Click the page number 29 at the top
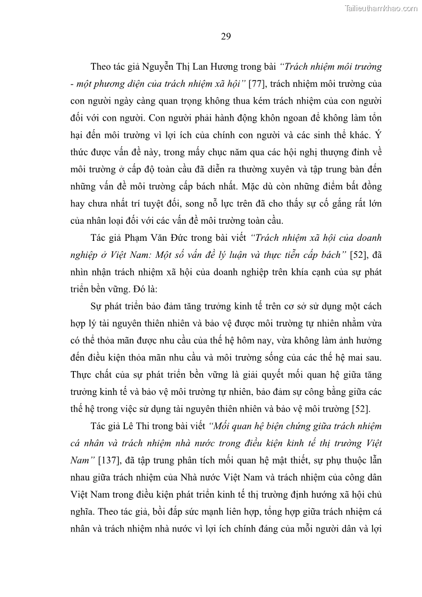pyautogui.click(x=225, y=36)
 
